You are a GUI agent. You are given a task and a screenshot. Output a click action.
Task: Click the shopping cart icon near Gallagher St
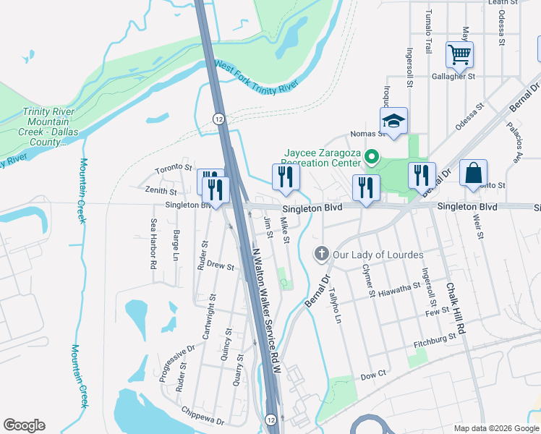459,54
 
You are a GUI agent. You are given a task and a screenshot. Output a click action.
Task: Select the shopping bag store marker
472,173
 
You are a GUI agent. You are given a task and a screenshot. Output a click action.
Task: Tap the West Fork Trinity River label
257,77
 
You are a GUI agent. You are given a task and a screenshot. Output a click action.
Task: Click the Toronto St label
171,170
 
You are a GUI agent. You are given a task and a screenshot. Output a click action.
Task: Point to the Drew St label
221,266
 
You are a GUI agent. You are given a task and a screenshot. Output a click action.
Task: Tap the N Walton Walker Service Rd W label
265,311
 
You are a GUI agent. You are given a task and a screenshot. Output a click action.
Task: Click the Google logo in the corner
24,425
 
